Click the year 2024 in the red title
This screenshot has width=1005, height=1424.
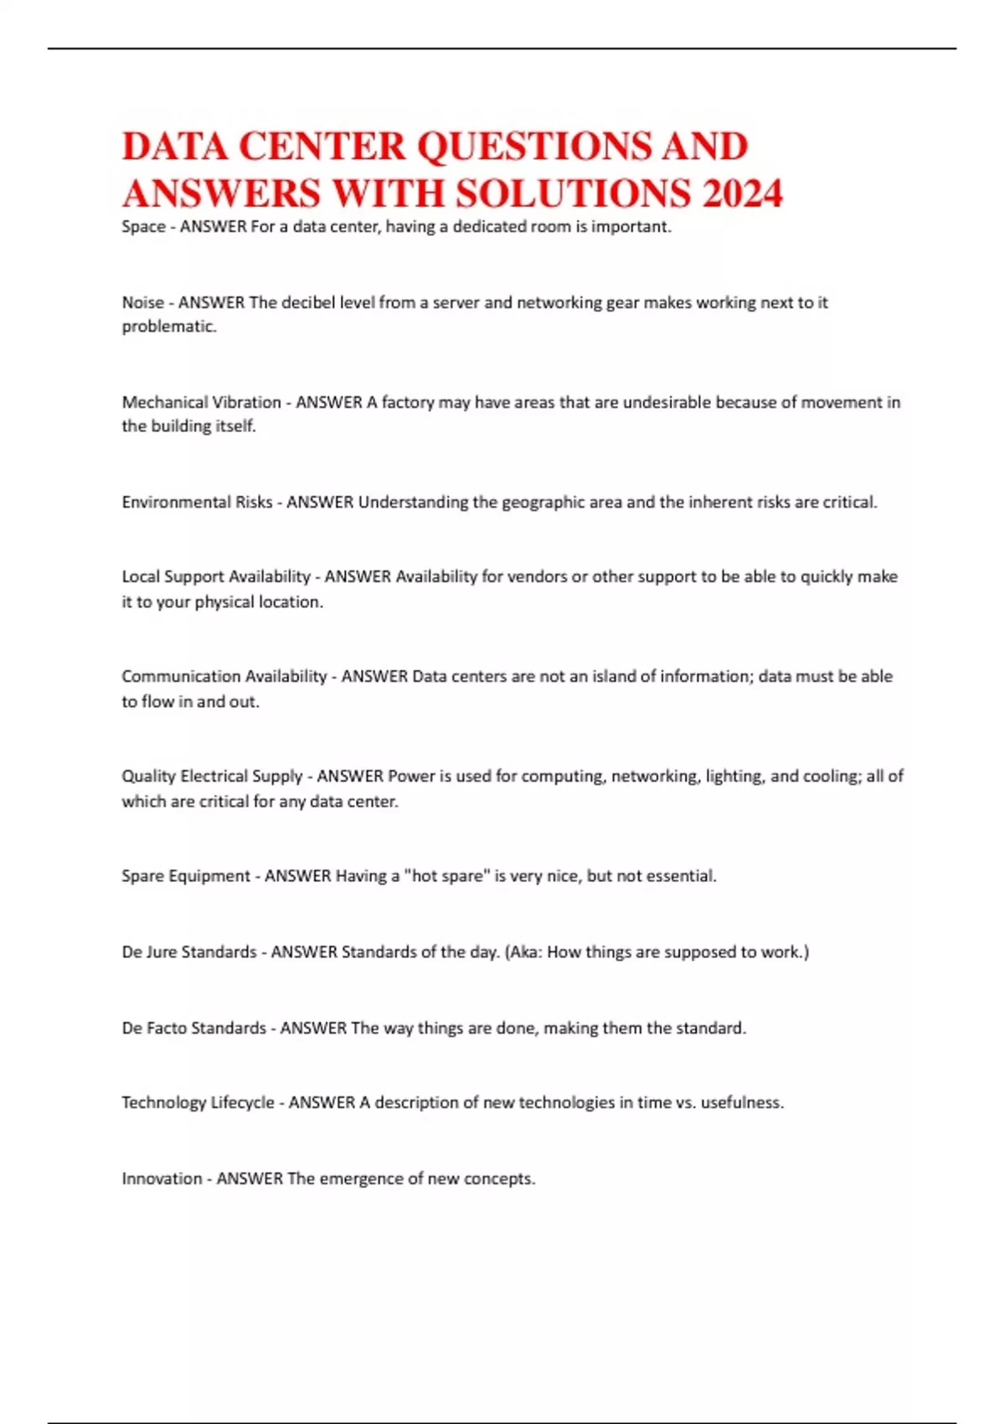tap(742, 193)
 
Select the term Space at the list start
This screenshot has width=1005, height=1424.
tap(143, 227)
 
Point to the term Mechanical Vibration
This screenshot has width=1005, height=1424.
tap(201, 402)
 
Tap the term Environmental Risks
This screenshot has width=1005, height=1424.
tap(197, 502)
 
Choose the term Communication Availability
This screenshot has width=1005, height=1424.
tap(224, 676)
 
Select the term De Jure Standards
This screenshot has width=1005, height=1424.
tap(189, 952)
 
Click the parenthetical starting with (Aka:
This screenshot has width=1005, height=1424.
tap(657, 952)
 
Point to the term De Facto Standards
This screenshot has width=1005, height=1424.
tap(193, 1028)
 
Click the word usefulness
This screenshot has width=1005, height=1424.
tap(741, 1102)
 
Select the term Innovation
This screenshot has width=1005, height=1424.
tap(162, 1179)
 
